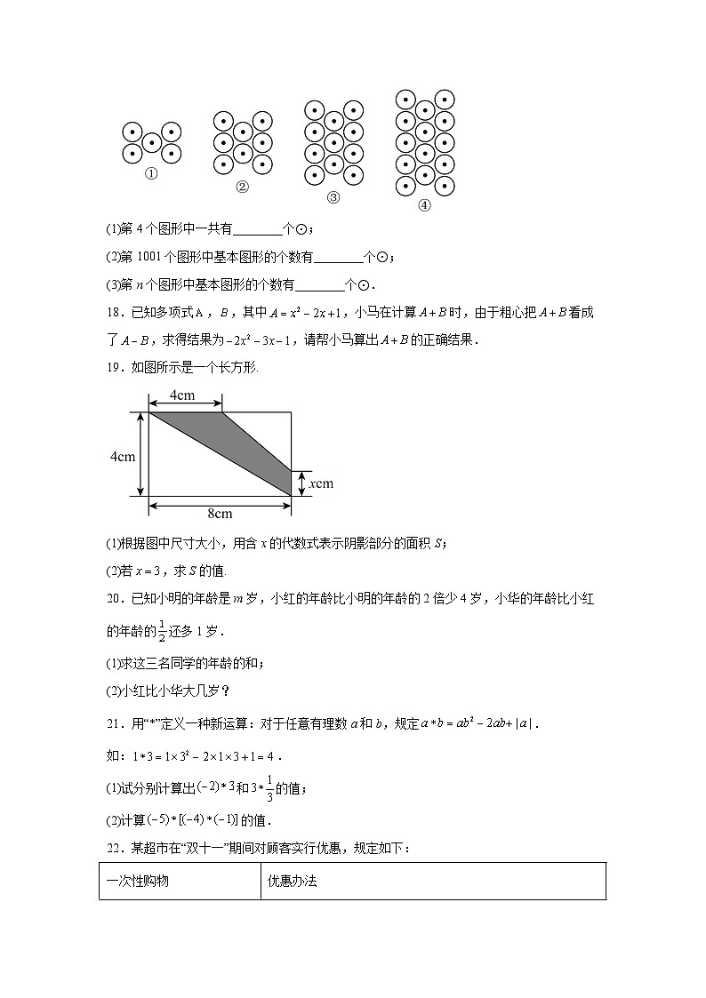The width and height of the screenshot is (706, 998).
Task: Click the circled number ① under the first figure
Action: pos(151,174)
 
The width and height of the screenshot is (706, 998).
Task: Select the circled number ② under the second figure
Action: pos(242,187)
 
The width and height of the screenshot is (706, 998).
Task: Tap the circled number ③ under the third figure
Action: pos(333,197)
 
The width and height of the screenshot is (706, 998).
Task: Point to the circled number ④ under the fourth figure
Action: pos(424,204)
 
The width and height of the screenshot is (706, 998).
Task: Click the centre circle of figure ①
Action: pos(151,142)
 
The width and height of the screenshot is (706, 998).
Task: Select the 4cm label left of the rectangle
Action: pos(122,457)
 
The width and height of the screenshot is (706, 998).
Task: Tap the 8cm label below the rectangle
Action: pos(220,514)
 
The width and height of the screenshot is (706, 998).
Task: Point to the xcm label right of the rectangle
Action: pos(320,483)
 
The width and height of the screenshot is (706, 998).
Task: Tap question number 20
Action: pos(114,599)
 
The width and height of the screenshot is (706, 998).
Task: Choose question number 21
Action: pos(114,723)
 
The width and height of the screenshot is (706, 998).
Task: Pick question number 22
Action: pos(114,849)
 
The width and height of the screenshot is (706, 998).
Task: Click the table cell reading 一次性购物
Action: pos(138,882)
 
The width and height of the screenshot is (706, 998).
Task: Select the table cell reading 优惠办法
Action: pos(293,882)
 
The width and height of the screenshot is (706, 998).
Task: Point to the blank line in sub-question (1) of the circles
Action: pos(256,229)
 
